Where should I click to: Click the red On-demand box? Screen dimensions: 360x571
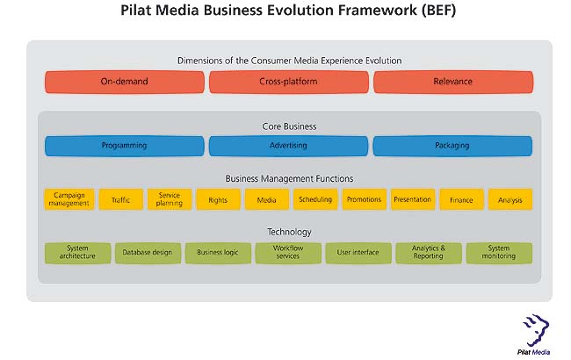tap(124, 82)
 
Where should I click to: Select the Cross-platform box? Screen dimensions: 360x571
tap(288, 82)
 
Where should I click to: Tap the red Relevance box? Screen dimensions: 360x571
tap(452, 82)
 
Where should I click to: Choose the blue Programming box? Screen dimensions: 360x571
tap(124, 146)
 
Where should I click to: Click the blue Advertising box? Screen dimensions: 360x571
tap(288, 146)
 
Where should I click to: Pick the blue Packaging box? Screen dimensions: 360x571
tap(452, 146)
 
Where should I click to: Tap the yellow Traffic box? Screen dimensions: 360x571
tap(120, 200)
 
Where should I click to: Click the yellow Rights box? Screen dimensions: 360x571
tap(218, 200)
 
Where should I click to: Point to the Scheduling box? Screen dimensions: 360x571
tap(315, 200)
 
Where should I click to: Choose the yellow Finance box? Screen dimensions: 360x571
tap(461, 200)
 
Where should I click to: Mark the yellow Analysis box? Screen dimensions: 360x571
tap(510, 200)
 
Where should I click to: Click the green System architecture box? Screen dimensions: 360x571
tap(76, 253)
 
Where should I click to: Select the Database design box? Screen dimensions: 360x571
tap(147, 253)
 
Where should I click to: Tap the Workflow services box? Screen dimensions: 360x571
tap(288, 253)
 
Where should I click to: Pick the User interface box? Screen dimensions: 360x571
tap(358, 253)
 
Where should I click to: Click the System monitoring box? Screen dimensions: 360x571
tap(499, 253)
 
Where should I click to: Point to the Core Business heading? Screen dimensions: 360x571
tap(289, 126)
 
